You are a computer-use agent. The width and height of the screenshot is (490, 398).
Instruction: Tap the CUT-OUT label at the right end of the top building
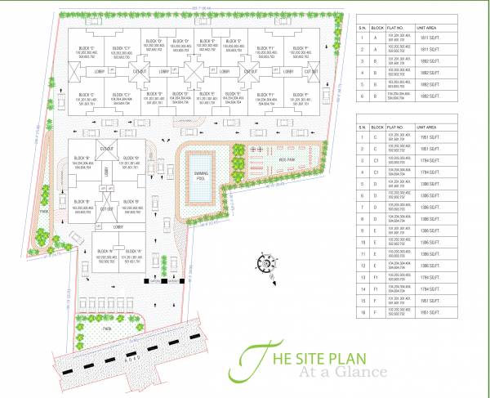[x=311, y=72]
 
